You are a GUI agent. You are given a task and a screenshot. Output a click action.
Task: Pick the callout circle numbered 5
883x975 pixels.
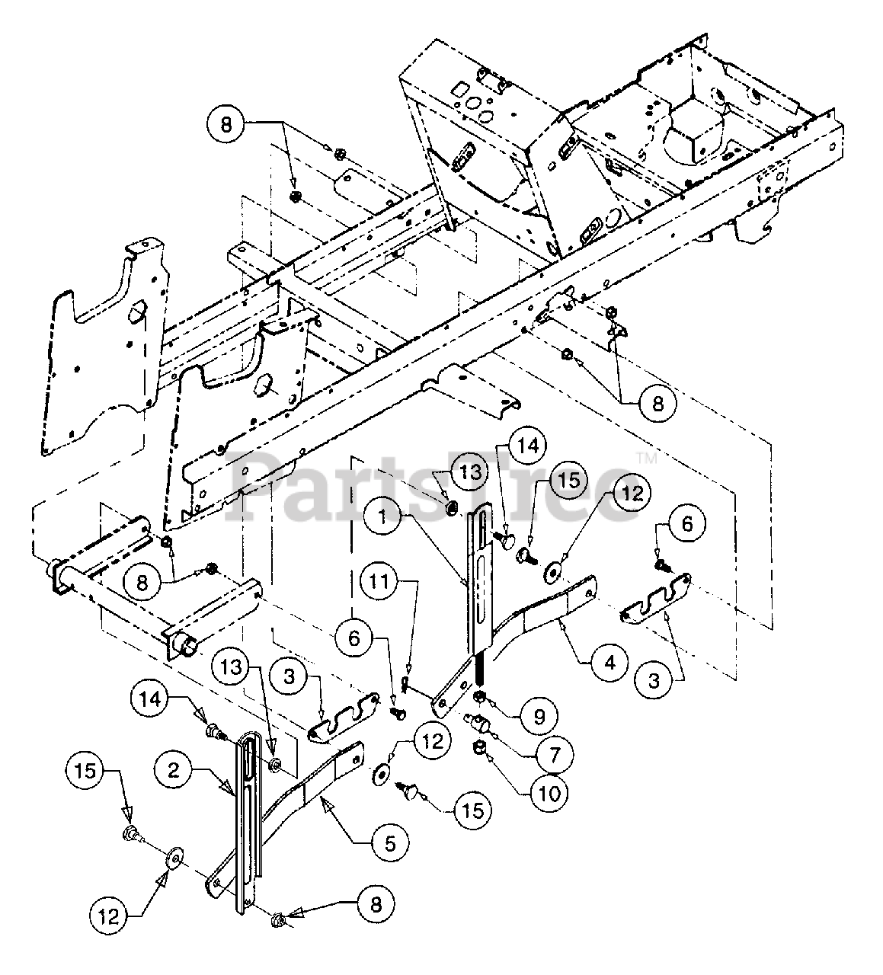(391, 842)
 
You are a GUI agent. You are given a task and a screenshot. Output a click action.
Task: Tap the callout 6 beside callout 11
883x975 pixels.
(354, 619)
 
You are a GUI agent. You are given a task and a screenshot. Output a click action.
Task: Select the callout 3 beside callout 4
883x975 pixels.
(654, 680)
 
